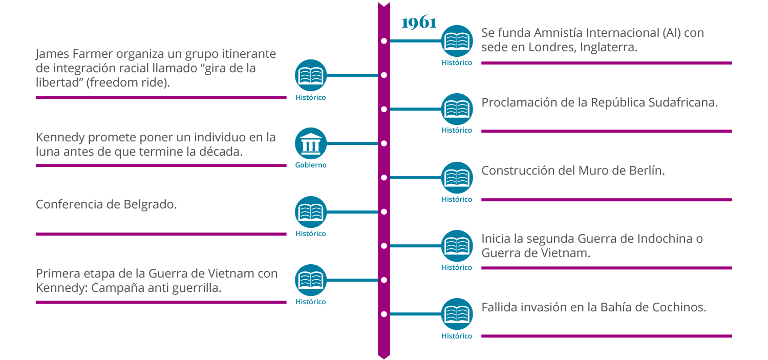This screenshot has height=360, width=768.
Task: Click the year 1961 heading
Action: pos(419,24)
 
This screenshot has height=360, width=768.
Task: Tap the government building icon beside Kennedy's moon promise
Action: pos(311,143)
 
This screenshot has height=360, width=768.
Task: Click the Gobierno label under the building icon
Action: pos(311,165)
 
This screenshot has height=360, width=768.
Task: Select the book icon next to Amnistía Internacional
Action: pos(457,40)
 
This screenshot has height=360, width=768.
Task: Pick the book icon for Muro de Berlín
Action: pos(457,178)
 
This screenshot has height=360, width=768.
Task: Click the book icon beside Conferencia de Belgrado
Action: pos(311,212)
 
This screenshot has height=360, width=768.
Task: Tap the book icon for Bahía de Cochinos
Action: pos(457,314)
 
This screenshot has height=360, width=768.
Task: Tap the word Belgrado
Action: pos(150,205)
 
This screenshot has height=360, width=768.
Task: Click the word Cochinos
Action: pos(679,307)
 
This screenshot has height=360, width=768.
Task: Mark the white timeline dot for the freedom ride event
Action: pos(384,75)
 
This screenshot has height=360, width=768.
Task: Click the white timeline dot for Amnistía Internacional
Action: pos(384,40)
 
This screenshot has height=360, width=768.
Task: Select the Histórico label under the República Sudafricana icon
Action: pos(457,131)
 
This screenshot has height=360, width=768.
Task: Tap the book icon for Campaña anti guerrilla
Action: pos(311,280)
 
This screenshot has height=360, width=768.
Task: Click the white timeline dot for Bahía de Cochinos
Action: pos(384,314)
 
